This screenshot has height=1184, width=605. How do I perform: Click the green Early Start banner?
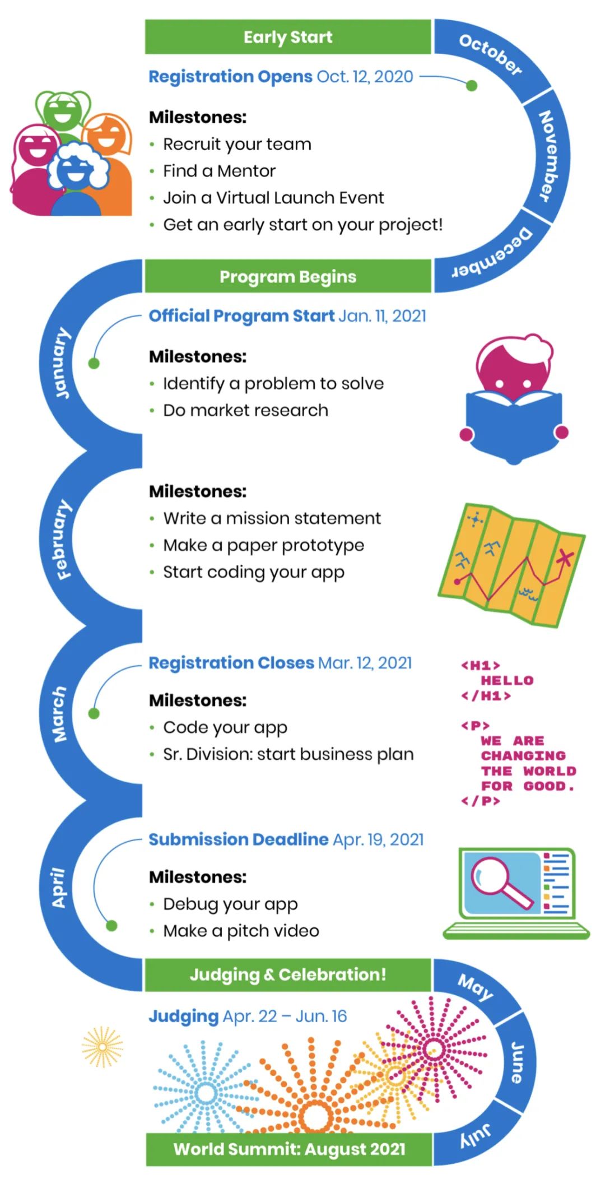click(x=288, y=37)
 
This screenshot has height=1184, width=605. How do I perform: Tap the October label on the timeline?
click(x=490, y=54)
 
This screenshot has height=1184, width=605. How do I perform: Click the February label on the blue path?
click(x=63, y=539)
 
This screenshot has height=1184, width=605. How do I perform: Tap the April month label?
click(x=58, y=888)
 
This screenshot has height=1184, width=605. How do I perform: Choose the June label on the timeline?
click(x=518, y=1062)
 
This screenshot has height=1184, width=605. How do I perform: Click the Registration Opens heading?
click(x=230, y=76)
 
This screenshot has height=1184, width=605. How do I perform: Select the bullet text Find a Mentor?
click(x=219, y=171)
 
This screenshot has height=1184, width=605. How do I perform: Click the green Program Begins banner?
click(x=288, y=276)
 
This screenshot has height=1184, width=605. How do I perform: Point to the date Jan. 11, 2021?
click(x=382, y=316)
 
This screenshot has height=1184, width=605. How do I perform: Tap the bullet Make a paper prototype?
click(x=263, y=545)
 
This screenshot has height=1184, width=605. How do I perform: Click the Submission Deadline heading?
click(x=238, y=839)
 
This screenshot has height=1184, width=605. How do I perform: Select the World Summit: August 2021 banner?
click(x=289, y=1149)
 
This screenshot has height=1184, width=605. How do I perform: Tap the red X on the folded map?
click(x=565, y=558)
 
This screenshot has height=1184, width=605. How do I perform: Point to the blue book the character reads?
click(x=514, y=426)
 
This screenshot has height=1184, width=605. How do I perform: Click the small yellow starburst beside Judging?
click(x=102, y=1047)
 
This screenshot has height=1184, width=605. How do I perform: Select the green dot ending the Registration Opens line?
click(x=472, y=86)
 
